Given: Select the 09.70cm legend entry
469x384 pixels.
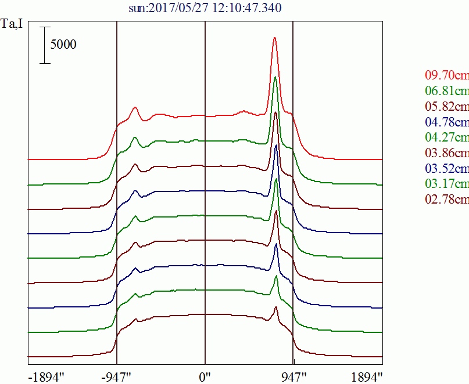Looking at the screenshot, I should (446, 75).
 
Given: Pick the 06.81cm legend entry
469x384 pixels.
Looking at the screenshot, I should (446, 91).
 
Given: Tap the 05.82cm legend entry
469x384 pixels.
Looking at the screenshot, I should (446, 107).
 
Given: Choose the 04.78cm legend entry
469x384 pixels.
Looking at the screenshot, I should (446, 122).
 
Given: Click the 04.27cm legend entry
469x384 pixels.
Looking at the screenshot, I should (446, 137).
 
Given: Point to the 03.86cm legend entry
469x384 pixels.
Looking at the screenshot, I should (446, 153).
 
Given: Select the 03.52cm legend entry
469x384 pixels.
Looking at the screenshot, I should (446, 169).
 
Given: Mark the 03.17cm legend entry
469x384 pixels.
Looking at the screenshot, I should (446, 184).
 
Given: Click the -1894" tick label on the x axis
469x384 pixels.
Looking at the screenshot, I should (46, 377).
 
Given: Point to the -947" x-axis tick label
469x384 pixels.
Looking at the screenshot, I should (116, 377).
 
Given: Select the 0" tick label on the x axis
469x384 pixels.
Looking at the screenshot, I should (205, 377).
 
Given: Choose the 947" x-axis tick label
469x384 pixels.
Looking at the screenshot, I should (294, 377).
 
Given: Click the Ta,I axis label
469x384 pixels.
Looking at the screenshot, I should (12, 25).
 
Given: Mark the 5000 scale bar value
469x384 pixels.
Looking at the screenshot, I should (63, 45).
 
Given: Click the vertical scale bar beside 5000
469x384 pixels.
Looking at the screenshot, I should (45, 45).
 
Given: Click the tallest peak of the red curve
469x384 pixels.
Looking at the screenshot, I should (275, 38).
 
